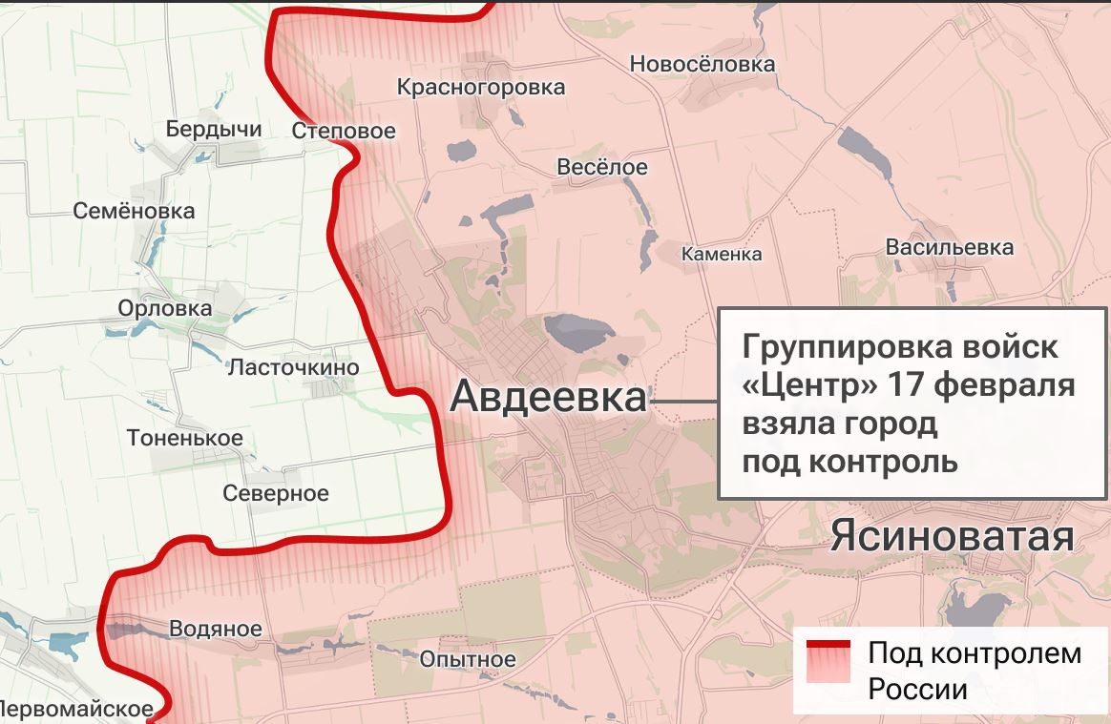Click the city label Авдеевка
pos(548,396)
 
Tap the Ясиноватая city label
pos(952,537)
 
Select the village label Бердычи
pos(214,129)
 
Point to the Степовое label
pos(344,131)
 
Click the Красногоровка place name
pos(481,88)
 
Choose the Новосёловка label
pos(702,64)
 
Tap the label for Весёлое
pos(601,167)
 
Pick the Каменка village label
pos(722,254)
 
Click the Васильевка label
pos(950,247)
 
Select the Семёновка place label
pos(134,211)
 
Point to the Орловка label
pos(165,308)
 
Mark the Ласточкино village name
pos(293,367)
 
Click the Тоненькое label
pos(184,438)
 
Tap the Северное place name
pos(275,493)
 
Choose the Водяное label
pos(215,629)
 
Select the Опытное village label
pos(468,659)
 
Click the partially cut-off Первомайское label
pos(76,709)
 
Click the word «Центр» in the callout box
pos(809,386)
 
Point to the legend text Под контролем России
pos(974,671)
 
